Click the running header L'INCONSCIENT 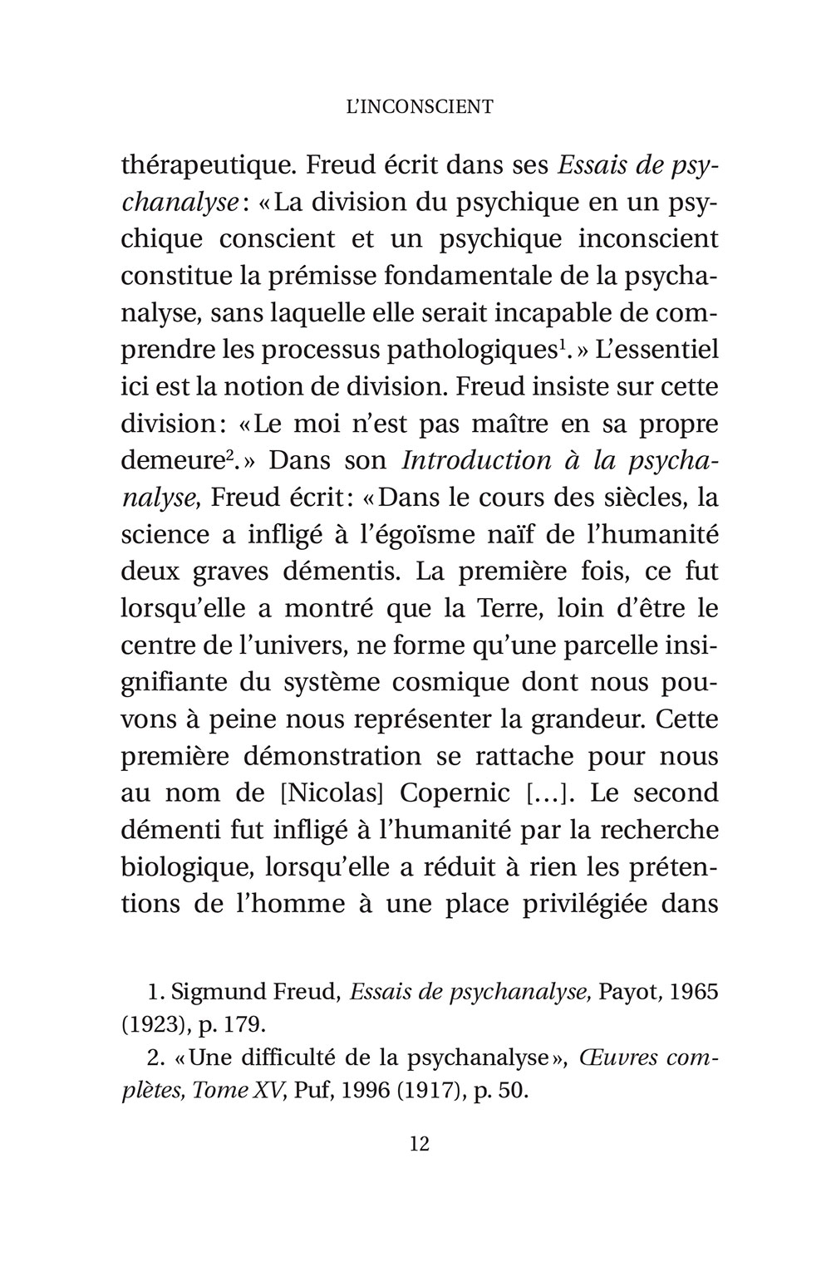[x=419, y=106]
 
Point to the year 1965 [x=693, y=992]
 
